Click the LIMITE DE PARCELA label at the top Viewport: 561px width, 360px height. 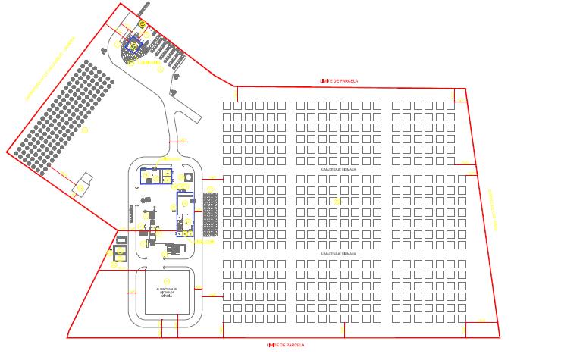click(x=339, y=80)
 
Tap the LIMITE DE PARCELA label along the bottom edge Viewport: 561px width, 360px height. click(x=286, y=345)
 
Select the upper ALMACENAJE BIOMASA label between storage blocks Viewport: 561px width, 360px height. click(x=338, y=171)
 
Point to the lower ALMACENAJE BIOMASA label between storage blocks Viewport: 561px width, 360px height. click(x=338, y=254)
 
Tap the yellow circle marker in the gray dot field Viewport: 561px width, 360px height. click(x=85, y=130)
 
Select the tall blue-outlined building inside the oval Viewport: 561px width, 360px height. click(x=184, y=213)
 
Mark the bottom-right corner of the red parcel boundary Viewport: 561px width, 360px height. click(x=500, y=335)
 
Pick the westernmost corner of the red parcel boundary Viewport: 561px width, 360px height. click(x=8, y=152)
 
